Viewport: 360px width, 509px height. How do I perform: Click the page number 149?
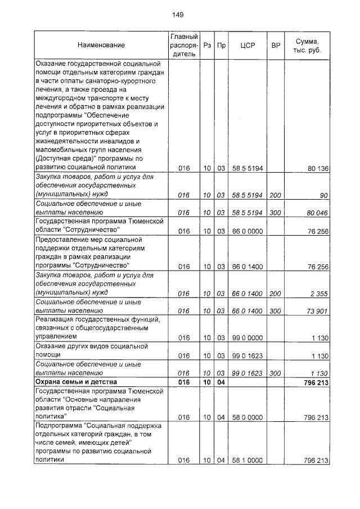coord(179,15)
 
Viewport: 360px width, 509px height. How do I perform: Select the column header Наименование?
coord(101,45)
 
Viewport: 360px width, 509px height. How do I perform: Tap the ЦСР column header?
coord(248,45)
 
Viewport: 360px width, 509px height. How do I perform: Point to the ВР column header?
coord(276,45)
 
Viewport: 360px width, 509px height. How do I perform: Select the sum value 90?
coord(323,195)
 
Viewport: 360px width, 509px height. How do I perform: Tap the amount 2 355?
coord(319,294)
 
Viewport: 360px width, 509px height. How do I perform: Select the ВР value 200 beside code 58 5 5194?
coord(275,195)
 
